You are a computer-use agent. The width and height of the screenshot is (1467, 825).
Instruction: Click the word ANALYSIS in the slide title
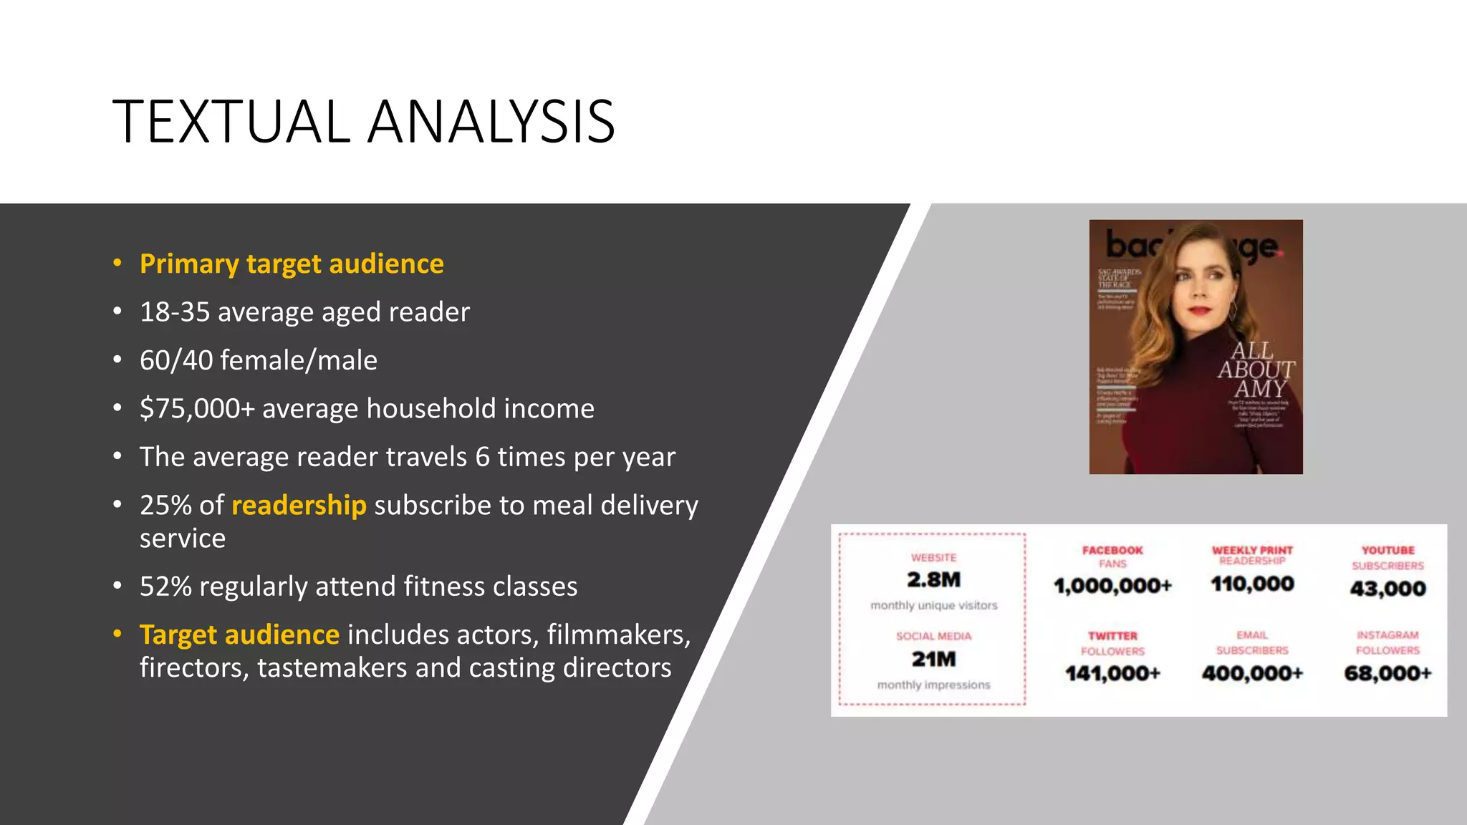tap(492, 122)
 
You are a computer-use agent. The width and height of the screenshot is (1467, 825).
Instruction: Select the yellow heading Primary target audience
tap(292, 264)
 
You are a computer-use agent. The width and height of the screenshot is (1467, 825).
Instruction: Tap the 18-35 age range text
tap(175, 312)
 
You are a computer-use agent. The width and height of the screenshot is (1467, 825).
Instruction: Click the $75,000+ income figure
tap(197, 408)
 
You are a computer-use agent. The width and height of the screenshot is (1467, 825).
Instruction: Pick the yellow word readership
tap(299, 505)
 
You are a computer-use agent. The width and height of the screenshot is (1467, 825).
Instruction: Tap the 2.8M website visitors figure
tap(933, 579)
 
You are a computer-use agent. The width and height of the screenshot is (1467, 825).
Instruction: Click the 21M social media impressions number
tap(933, 659)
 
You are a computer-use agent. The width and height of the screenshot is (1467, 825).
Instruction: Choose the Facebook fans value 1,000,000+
tap(1112, 586)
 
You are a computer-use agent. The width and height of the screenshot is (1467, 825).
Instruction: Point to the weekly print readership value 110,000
tap(1252, 584)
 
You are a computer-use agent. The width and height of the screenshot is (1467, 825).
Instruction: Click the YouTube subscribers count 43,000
tap(1387, 589)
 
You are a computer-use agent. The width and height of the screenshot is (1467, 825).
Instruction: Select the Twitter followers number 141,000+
tap(1112, 673)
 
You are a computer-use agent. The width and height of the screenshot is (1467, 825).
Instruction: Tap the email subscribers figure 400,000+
tap(1252, 673)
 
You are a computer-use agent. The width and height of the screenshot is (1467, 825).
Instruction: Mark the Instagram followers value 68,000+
tap(1387, 673)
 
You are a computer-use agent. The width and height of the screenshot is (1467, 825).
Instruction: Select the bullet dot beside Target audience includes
tap(117, 635)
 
